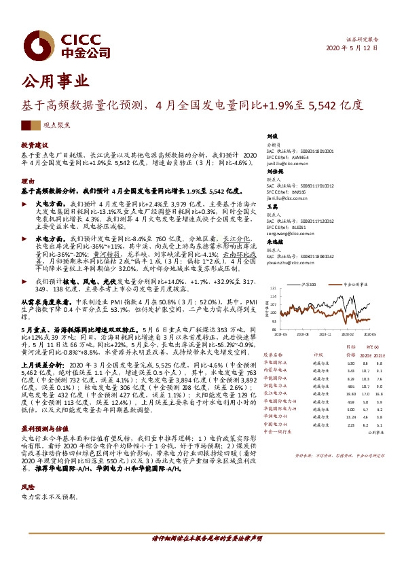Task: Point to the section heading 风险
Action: [27, 468]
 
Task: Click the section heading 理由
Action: [27, 181]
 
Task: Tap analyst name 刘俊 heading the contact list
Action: [273, 136]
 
